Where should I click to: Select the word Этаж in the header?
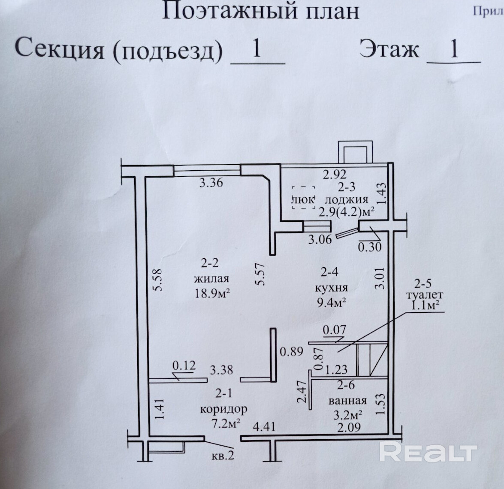click(389, 49)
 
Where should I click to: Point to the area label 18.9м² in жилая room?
click(212, 293)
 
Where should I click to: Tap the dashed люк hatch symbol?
click(304, 198)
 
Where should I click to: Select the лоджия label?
click(347, 199)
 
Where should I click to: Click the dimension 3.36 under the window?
click(211, 183)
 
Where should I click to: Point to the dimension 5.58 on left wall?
click(158, 281)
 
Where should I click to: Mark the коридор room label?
click(224, 408)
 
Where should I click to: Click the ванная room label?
click(347, 401)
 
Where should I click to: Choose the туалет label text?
click(424, 295)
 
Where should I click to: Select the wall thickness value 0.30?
click(370, 247)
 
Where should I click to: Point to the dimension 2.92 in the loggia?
click(335, 174)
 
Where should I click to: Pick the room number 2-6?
click(346, 385)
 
